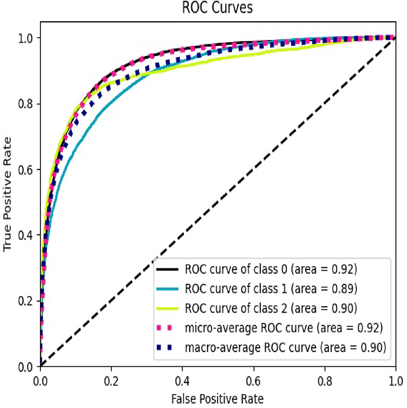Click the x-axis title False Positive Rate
pyautogui.click(x=218, y=398)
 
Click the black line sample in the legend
pyautogui.click(x=166, y=268)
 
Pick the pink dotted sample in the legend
pyautogui.click(x=166, y=328)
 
